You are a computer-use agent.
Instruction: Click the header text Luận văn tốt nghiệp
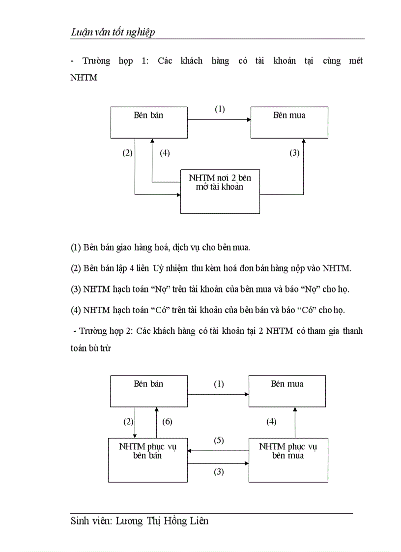(113, 32)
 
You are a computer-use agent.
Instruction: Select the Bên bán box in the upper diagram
(148, 122)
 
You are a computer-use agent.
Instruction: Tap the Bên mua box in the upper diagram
(289, 122)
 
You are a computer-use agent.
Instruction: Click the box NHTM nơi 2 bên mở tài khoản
(220, 191)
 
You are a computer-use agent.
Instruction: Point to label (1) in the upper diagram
(220, 109)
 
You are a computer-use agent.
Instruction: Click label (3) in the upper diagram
(294, 153)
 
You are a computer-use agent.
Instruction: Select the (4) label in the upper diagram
(165, 153)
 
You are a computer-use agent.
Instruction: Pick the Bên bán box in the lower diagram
(148, 391)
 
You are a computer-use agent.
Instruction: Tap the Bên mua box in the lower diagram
(287, 391)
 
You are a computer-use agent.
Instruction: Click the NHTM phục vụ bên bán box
(147, 460)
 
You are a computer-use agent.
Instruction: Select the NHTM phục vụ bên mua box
(288, 460)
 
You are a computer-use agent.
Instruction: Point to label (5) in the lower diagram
(219, 440)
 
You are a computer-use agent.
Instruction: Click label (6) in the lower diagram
(167, 422)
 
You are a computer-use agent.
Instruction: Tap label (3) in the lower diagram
(219, 472)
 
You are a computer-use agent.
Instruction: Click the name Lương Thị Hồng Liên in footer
(162, 521)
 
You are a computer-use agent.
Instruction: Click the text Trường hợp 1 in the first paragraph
(113, 61)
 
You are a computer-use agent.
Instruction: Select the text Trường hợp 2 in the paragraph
(106, 331)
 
